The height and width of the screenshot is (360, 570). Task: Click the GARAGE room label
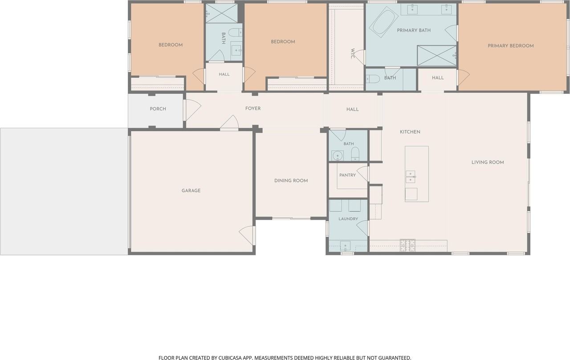[191, 190]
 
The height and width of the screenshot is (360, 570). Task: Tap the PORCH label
[158, 109]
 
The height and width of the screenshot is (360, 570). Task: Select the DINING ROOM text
[291, 181]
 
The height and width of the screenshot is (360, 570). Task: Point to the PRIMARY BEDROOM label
[510, 46]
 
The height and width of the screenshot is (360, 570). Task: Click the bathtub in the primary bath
[384, 22]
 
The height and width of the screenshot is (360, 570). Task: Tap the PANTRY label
[347, 175]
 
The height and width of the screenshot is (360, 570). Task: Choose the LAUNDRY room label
[348, 218]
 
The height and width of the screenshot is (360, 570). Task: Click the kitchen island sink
[410, 177]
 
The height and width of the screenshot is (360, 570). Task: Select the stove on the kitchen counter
[407, 245]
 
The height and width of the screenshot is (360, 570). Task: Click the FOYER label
[252, 109]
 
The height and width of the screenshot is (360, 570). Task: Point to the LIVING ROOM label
[488, 162]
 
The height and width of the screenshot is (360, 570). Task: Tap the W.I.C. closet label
[352, 54]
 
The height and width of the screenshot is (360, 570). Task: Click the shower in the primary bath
[437, 56]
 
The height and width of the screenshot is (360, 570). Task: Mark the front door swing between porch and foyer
[192, 110]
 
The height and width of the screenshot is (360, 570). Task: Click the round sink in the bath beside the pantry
[338, 155]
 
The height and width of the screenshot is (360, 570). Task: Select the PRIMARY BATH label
[414, 30]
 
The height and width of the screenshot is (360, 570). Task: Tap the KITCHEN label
[410, 132]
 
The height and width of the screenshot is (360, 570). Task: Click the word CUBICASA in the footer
[229, 358]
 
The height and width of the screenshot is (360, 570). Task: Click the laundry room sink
[345, 246]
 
